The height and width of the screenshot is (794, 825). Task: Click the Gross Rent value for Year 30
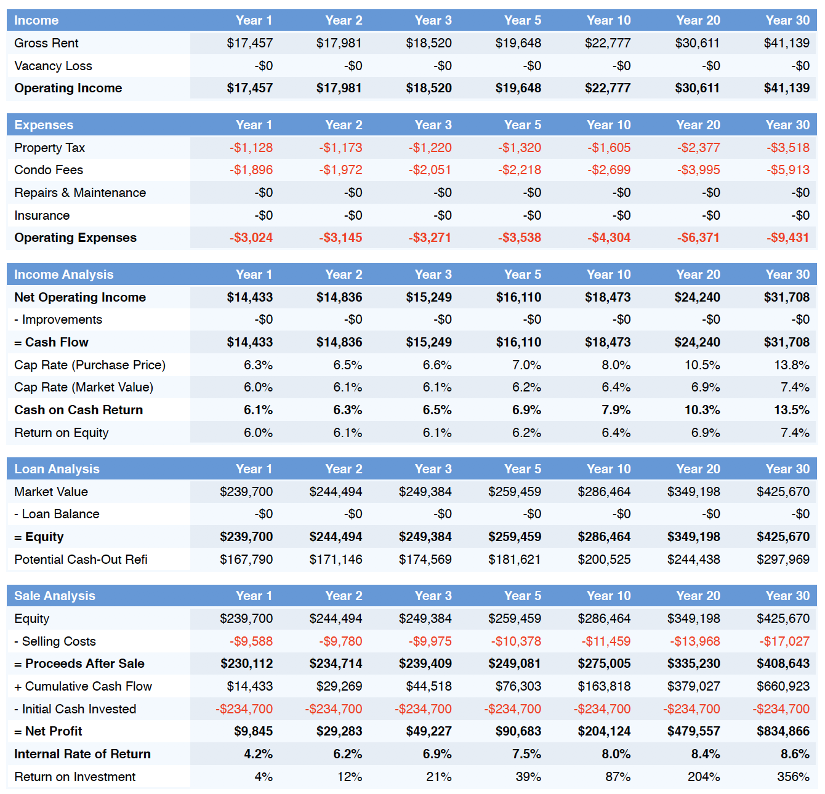pos(786,43)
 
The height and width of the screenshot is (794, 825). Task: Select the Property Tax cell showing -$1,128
pos(251,148)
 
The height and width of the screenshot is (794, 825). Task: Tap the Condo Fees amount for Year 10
pos(609,170)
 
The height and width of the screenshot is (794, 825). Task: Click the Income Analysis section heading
pos(64,275)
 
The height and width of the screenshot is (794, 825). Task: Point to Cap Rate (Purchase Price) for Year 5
pos(526,365)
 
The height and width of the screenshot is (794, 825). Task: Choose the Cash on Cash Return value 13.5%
pos(792,410)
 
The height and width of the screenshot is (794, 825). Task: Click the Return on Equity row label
pos(62,433)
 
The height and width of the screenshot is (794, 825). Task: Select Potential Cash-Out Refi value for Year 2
pos(336,559)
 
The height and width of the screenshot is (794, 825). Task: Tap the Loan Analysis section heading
pos(57,469)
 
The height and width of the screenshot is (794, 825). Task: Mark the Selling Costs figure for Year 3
pos(430,641)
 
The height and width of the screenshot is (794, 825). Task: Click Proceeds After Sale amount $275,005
pos(604,664)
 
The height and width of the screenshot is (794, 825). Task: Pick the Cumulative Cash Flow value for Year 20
pos(694,686)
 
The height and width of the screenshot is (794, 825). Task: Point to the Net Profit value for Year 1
pos(254,731)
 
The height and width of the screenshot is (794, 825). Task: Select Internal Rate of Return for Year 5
pos(526,754)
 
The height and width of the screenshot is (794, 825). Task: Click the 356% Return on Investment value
pos(793,777)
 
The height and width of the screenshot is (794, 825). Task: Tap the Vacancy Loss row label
pos(53,66)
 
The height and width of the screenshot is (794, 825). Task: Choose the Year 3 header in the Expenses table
pos(433,124)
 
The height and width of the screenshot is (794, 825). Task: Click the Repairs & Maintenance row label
pos(80,193)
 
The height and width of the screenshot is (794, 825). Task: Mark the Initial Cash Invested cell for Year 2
pos(334,709)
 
